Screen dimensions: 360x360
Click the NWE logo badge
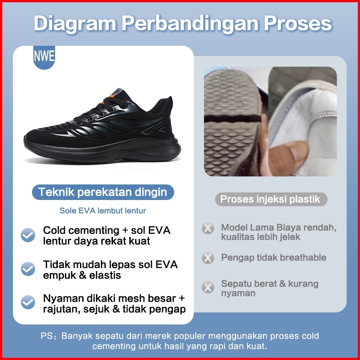(x=44, y=57)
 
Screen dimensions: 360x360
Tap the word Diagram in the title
(x=75, y=24)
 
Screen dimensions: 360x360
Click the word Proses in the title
(x=298, y=24)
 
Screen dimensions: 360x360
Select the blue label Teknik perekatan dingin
(x=103, y=192)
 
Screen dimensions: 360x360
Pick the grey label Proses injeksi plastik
(x=271, y=199)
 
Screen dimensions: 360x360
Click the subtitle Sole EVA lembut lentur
(x=103, y=211)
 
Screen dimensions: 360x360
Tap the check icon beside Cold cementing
(x=28, y=235)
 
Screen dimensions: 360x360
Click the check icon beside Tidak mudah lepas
(x=28, y=269)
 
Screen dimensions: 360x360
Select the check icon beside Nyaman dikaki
(x=28, y=302)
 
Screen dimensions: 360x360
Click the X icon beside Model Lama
(x=208, y=228)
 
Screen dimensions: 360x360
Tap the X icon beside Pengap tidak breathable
(x=208, y=257)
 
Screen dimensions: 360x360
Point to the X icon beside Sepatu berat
(x=208, y=287)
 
